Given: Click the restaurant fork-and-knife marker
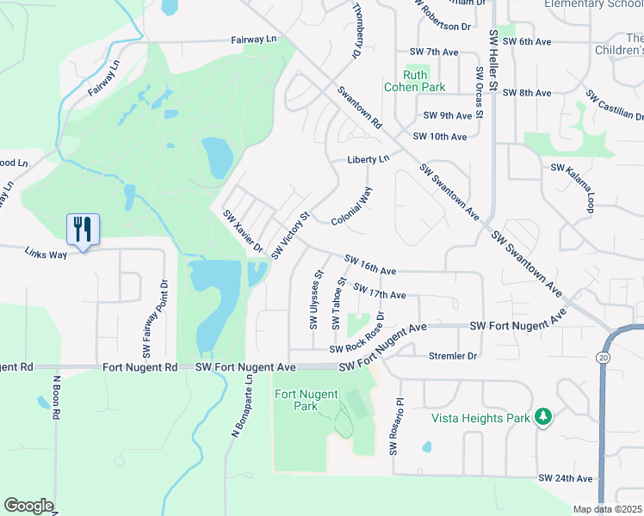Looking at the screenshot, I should [x=84, y=230].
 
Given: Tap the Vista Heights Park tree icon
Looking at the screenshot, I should [x=543, y=417].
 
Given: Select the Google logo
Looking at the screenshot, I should [x=28, y=506].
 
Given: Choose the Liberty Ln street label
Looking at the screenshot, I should [x=368, y=159].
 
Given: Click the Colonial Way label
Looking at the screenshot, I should [x=352, y=206].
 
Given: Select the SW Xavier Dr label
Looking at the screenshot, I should [x=243, y=230].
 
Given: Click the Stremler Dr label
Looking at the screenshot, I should [x=452, y=355].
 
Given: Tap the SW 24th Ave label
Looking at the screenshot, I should [x=566, y=478].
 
